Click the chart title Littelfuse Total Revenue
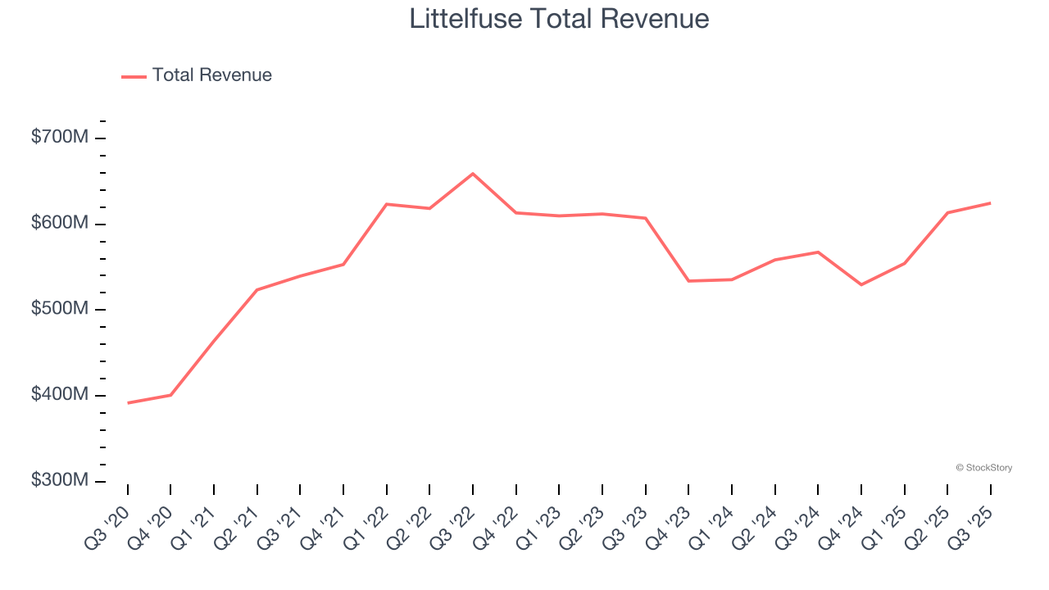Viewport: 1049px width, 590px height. tap(559, 18)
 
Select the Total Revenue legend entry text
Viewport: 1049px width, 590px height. tap(211, 75)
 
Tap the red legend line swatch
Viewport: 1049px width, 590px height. tap(134, 76)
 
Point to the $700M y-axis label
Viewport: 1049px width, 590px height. tap(59, 137)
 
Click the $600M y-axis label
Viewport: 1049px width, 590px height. tap(59, 223)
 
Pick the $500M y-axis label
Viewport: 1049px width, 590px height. tap(59, 309)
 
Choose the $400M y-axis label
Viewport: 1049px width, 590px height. tap(59, 395)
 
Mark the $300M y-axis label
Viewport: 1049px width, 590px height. tap(59, 480)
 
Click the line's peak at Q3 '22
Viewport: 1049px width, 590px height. tap(473, 174)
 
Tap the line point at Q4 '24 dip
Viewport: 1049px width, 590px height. tap(861, 284)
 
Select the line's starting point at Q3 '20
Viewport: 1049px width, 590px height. tap(128, 403)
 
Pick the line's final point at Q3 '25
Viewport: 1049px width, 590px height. tap(991, 202)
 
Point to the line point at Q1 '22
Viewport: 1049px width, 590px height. tap(387, 204)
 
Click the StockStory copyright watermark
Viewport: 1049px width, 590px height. tap(983, 468)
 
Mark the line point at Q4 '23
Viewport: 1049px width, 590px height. tap(688, 281)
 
